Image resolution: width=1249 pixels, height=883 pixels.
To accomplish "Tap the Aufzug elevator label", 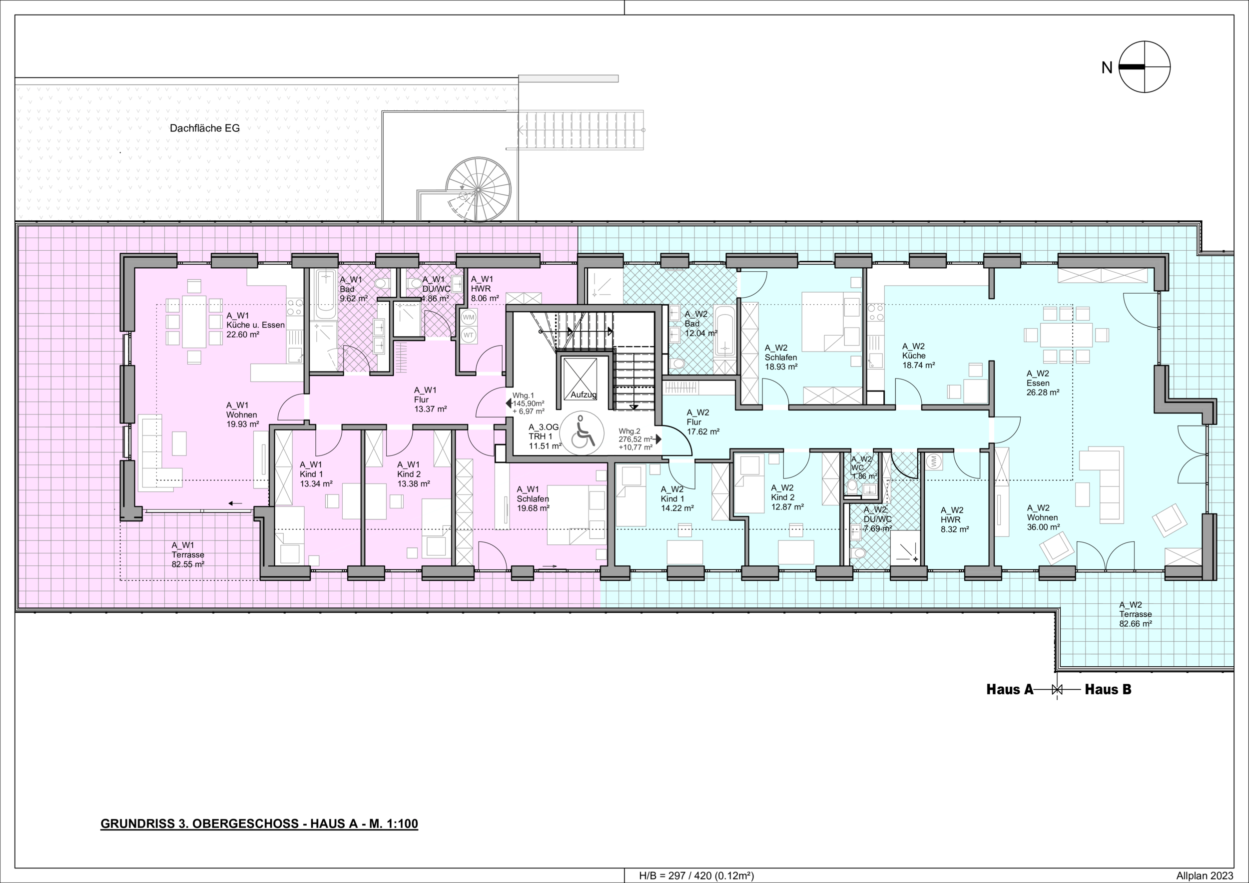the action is [583, 395].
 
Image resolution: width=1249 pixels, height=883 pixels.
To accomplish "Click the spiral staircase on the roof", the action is [478, 190].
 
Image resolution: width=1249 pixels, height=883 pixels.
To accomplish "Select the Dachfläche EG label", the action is [204, 128].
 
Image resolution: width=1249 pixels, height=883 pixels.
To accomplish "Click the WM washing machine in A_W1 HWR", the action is [468, 317].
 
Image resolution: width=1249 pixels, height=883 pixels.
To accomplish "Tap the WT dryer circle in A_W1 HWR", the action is [468, 336].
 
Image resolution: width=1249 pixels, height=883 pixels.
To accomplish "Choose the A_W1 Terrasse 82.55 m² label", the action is [188, 554].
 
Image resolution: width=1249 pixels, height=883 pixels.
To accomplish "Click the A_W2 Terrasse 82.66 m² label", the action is [1135, 614].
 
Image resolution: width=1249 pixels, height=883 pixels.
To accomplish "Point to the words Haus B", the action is [1108, 689].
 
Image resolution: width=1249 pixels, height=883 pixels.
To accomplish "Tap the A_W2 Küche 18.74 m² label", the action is [919, 356].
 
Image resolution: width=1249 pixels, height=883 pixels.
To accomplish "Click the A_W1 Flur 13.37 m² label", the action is [430, 400].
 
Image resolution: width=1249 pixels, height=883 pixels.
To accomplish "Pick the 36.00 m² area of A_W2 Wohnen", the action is [1043, 527].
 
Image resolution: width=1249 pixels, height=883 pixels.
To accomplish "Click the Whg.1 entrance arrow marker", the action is [509, 403].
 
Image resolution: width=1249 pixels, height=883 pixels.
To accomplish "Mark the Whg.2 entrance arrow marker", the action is [658, 439].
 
